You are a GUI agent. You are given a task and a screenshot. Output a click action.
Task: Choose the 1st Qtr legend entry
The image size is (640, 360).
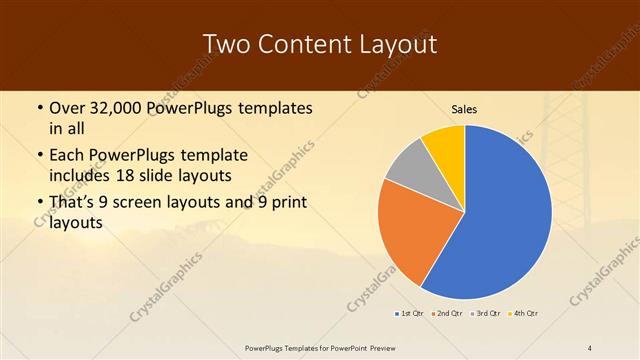point(410,314)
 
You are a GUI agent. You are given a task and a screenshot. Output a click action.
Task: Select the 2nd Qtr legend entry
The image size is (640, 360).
point(447,314)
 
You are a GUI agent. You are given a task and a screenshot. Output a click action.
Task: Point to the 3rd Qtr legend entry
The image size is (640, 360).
point(485,314)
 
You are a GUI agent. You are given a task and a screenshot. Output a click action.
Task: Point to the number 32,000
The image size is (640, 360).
point(120,106)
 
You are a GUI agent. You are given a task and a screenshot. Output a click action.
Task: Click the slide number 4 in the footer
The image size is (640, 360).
point(590,347)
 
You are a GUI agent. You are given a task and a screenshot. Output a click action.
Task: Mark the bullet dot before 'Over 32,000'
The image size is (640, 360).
point(38,107)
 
